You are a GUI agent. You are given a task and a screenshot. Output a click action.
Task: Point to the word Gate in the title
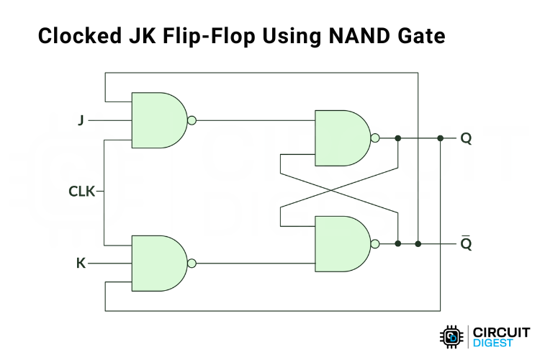coord(423,35)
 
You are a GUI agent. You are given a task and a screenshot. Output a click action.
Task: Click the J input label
coord(81,121)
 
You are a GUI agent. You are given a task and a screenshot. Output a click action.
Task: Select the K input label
coord(81,264)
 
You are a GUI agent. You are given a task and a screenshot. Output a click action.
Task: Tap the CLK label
coord(81,192)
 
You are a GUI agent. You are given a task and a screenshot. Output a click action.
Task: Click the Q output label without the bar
coord(466,138)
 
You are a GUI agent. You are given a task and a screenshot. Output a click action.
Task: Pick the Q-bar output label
coord(466,243)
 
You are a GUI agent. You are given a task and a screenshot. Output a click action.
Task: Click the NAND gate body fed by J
coord(157,120)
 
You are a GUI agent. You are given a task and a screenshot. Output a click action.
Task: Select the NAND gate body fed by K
coord(157,264)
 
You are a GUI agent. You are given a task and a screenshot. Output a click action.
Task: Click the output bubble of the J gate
coord(192,120)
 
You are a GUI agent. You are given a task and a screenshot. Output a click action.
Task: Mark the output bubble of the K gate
coord(192,264)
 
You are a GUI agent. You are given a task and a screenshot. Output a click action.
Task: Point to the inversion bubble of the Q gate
coord(375,138)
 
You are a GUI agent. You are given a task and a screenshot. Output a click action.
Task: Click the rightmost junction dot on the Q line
coord(440,138)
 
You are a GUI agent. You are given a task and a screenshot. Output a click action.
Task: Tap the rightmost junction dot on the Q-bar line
coord(418,244)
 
